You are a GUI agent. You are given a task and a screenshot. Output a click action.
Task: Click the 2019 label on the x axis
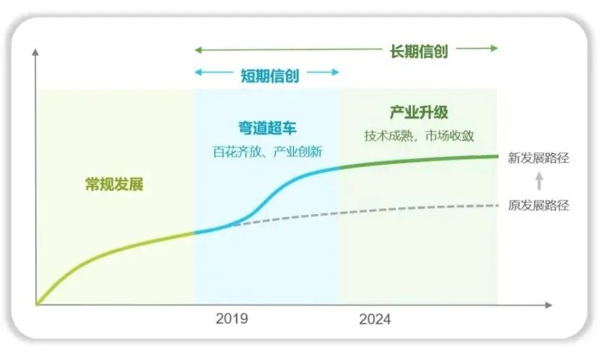231,319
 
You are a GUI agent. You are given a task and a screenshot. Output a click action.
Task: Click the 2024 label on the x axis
375,319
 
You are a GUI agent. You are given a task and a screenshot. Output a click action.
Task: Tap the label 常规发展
114,184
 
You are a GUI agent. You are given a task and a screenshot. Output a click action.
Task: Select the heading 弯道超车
267,128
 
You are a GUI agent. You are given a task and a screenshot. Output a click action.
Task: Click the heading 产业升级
419,113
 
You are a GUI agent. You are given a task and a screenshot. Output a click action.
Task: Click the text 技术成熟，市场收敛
419,136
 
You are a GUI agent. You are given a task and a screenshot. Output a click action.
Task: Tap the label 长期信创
419,51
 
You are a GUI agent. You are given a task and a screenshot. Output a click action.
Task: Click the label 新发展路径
539,158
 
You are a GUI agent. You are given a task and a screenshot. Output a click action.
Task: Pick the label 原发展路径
539,205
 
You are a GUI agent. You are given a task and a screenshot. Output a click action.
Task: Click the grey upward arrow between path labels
538,181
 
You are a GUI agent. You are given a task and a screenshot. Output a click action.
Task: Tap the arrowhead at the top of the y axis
35,53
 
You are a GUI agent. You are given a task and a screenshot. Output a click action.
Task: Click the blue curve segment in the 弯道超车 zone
282,189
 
